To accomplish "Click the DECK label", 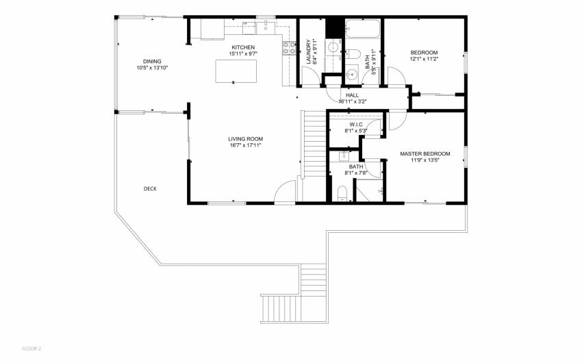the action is point(150,189).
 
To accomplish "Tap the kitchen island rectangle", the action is point(236,71).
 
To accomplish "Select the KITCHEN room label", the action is point(243,47).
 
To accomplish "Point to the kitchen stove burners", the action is point(290,48).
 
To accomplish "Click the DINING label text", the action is point(152,62).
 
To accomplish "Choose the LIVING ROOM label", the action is point(245,139).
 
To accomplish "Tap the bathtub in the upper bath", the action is point(363,29).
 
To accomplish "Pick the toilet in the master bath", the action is point(342,193).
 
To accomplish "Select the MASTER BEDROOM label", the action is point(425,153).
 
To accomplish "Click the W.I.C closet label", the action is point(356,125).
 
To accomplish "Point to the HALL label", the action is point(352,95).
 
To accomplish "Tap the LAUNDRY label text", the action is point(308,51).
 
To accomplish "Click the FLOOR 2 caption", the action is point(31,349).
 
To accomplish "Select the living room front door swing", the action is point(285,192).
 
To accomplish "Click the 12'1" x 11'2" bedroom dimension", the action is point(424,59).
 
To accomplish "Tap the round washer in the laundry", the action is point(333,47).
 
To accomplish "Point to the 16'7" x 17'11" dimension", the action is point(245,145).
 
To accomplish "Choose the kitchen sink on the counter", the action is point(266,26).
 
